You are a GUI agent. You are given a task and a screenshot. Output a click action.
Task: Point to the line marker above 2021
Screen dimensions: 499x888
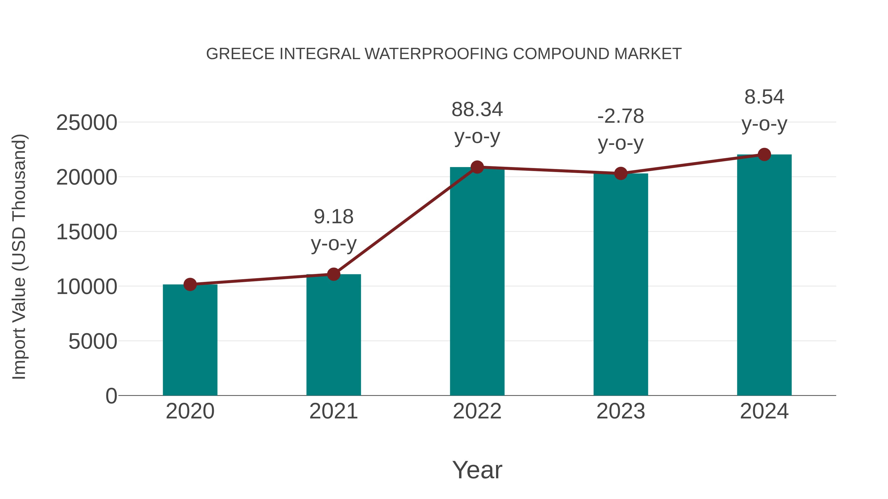(x=333, y=275)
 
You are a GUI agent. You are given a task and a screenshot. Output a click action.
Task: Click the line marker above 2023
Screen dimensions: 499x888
(x=621, y=173)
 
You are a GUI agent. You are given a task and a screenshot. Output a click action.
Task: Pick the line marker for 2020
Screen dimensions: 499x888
(x=190, y=284)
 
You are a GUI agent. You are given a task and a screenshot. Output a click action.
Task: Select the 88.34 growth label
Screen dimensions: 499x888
(x=477, y=110)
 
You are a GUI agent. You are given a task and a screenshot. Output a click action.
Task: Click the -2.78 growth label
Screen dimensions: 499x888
(x=621, y=116)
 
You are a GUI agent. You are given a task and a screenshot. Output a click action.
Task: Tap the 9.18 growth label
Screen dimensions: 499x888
(x=333, y=217)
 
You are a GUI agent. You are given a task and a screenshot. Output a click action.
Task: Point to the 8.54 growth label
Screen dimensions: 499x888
(x=764, y=97)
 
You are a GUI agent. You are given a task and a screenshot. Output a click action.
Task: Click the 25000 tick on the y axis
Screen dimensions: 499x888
(x=87, y=123)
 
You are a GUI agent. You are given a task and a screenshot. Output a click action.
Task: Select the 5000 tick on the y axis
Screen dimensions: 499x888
(x=93, y=342)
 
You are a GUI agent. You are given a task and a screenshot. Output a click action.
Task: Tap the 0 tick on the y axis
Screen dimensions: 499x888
(x=111, y=396)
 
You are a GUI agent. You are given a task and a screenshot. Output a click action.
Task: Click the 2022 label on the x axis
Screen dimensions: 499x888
(x=477, y=412)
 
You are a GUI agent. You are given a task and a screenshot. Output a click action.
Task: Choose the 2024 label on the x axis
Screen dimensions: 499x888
(x=764, y=412)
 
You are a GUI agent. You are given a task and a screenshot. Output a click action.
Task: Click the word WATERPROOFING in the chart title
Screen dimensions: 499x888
(x=436, y=54)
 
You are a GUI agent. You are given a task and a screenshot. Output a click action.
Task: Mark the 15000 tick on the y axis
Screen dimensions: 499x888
(x=87, y=232)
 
